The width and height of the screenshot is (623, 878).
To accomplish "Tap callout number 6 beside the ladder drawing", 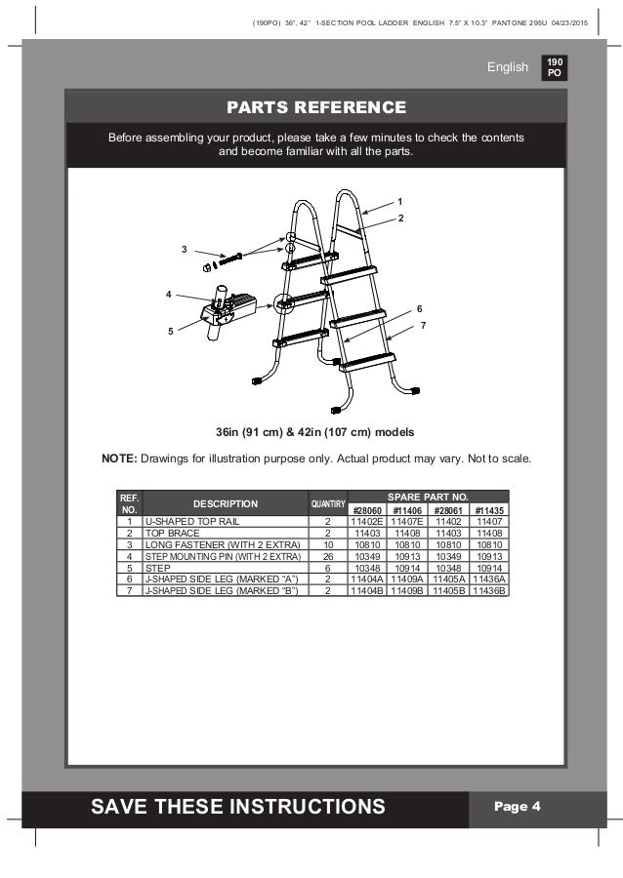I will click(x=419, y=308).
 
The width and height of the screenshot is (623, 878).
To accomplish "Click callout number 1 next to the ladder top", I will click(x=399, y=201).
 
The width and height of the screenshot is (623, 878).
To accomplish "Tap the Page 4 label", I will click(x=518, y=806).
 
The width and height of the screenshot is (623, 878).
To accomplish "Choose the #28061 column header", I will click(x=448, y=510).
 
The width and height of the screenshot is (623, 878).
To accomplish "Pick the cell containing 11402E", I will click(x=367, y=522).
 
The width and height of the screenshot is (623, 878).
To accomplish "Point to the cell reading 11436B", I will click(x=489, y=587).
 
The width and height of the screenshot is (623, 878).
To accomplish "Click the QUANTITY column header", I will click(x=328, y=504).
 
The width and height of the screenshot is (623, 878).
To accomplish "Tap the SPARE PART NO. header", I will click(x=428, y=497).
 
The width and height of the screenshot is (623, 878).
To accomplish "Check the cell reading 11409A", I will click(x=408, y=577).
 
